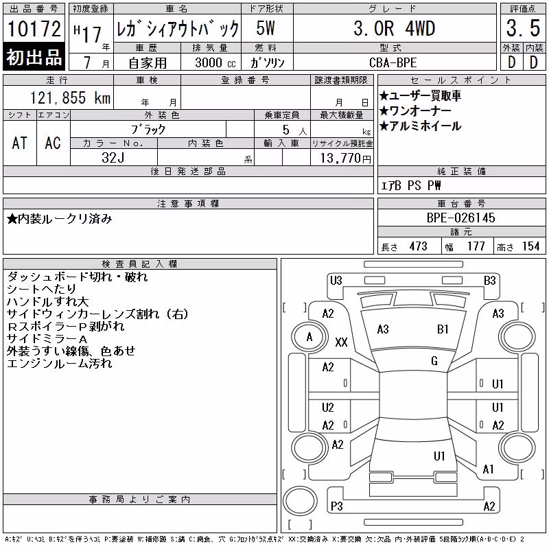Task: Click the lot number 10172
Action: tap(34, 28)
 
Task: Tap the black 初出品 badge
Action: tap(34, 56)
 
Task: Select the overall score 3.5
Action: tap(523, 28)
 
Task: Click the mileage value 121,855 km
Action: tap(70, 97)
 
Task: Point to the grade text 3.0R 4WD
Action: tap(394, 28)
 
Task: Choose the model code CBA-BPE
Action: tap(393, 62)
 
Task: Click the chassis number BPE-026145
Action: tap(460, 218)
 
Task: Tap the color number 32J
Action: tap(113, 158)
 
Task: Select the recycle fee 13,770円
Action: tap(346, 158)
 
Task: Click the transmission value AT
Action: tap(20, 143)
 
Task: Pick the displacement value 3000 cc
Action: tap(215, 62)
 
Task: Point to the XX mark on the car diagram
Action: tap(341, 342)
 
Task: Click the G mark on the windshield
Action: tap(434, 361)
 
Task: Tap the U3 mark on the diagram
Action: tap(336, 281)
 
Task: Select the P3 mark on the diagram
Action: tap(337, 506)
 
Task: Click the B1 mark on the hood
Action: tap(443, 329)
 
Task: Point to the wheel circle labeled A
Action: tap(309, 337)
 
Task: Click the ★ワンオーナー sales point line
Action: tap(415, 110)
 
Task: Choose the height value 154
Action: tap(530, 246)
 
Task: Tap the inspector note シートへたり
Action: tap(41, 289)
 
